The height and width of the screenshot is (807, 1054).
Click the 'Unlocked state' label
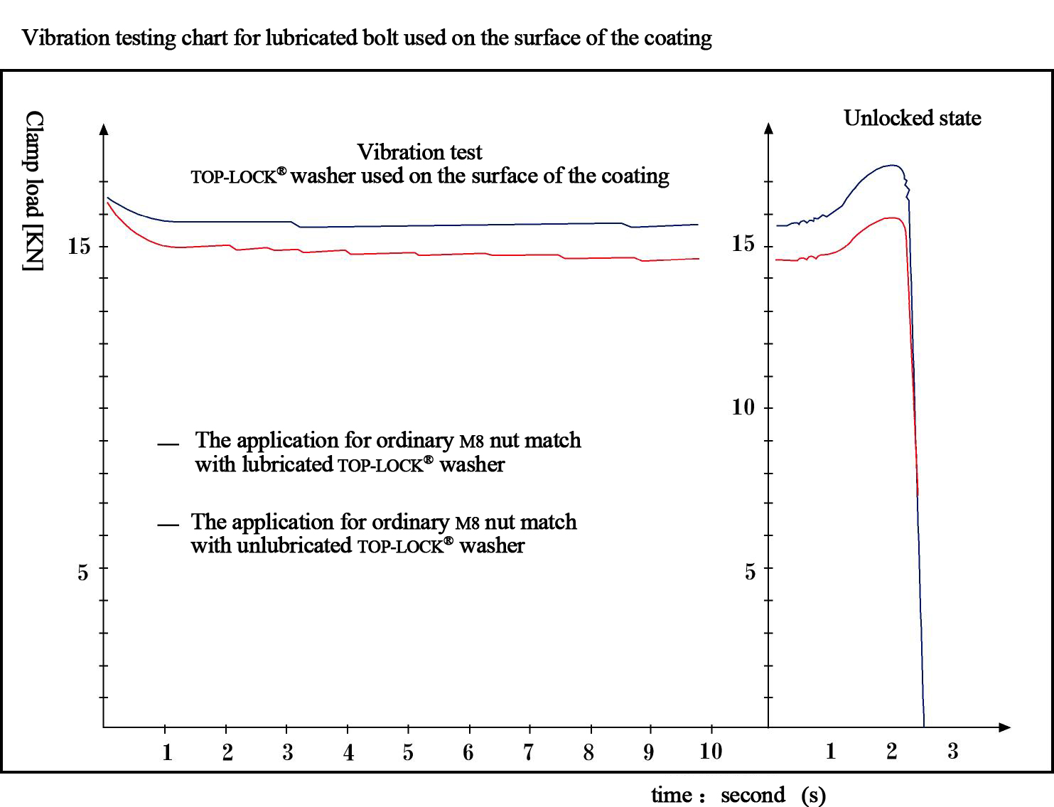912,118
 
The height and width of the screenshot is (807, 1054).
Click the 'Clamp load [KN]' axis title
33,191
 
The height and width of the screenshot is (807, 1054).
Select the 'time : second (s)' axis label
738,794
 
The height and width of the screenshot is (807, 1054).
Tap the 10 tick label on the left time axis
710,752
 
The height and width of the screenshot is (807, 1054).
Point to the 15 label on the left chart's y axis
79,247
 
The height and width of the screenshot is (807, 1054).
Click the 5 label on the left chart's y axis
83,572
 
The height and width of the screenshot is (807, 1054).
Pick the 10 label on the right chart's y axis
743,407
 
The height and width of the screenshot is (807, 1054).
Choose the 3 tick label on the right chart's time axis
952,751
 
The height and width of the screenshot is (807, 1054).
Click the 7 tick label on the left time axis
528,752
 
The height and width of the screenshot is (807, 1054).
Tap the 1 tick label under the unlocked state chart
830,752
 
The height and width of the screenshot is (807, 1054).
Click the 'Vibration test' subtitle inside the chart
419,152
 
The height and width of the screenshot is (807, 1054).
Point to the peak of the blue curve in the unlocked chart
892,166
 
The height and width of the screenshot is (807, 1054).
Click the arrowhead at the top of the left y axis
104,129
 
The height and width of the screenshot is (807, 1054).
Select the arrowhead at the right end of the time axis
1004,727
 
